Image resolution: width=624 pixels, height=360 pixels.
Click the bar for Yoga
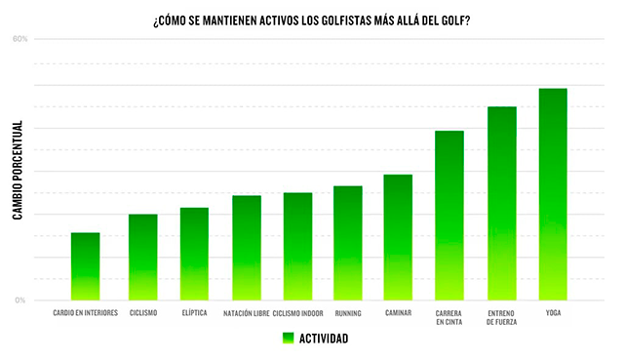pyautogui.click(x=553, y=194)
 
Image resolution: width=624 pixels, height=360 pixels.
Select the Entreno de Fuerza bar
pyautogui.click(x=502, y=204)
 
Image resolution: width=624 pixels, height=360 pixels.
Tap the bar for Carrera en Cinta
pyautogui.click(x=449, y=216)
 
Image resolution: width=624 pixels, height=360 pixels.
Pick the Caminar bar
pyautogui.click(x=398, y=237)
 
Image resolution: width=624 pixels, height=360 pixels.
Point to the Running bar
pyautogui.click(x=348, y=243)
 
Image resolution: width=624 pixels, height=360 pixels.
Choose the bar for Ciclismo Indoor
pyautogui.click(x=297, y=247)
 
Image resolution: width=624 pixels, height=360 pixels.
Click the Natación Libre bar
pyautogui.click(x=247, y=248)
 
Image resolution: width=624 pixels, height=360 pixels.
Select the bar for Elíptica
pyautogui.click(x=194, y=254)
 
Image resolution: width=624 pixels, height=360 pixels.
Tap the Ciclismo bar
pyautogui.click(x=143, y=258)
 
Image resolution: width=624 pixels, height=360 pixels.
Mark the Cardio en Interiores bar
pyautogui.click(x=85, y=266)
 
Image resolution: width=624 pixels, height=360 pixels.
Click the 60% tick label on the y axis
pyautogui.click(x=20, y=39)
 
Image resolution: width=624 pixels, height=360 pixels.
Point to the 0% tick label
pyautogui.click(x=20, y=300)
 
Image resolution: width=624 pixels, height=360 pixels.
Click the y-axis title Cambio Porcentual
pyautogui.click(x=18, y=170)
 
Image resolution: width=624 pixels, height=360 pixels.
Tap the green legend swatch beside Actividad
pyautogui.click(x=289, y=339)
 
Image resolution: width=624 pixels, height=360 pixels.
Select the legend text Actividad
pyautogui.click(x=324, y=339)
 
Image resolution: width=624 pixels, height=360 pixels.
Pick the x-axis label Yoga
pyautogui.click(x=553, y=313)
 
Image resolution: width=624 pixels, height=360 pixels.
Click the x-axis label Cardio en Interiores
pyautogui.click(x=86, y=313)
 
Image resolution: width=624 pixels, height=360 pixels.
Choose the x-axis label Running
pyautogui.click(x=348, y=313)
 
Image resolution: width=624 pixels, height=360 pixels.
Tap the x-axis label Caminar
pyautogui.click(x=399, y=313)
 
